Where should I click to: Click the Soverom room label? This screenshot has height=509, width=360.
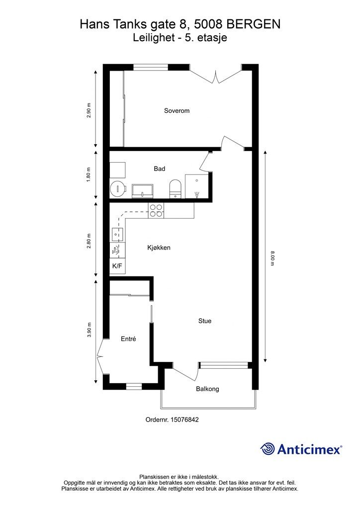(x=177, y=111)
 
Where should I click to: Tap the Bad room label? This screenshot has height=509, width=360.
(x=160, y=169)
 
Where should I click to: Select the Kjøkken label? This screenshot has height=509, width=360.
(x=159, y=248)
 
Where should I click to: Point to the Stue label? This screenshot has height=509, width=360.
(x=205, y=321)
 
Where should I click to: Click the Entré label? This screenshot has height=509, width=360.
(x=128, y=339)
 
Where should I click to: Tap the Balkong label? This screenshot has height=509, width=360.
(x=207, y=389)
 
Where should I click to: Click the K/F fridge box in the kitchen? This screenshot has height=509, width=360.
(x=117, y=266)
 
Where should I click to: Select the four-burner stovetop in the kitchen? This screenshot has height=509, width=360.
(x=156, y=210)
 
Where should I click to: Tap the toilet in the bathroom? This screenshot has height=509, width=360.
(x=176, y=188)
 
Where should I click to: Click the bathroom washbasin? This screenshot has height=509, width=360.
(x=143, y=190)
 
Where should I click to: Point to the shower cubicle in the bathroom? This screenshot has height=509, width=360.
(x=197, y=186)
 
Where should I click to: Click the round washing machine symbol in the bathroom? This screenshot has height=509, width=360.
(x=117, y=188)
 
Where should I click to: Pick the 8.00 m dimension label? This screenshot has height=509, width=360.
(x=272, y=258)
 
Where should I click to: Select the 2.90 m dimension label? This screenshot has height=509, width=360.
(x=89, y=110)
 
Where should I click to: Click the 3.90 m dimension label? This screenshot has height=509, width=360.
(x=89, y=330)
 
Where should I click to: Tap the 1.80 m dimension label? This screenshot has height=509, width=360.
(x=89, y=174)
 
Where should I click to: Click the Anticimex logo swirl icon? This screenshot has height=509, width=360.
(x=268, y=449)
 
